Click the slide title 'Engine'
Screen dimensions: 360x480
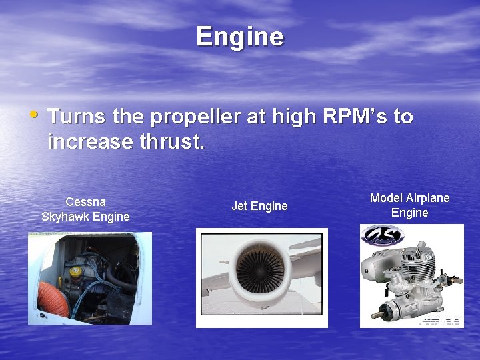(240, 37)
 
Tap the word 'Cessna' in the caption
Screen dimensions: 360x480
(85, 201)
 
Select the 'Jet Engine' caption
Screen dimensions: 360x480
(259, 206)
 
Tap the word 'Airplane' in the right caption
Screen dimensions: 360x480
(428, 198)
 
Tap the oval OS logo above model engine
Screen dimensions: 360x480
(382, 235)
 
